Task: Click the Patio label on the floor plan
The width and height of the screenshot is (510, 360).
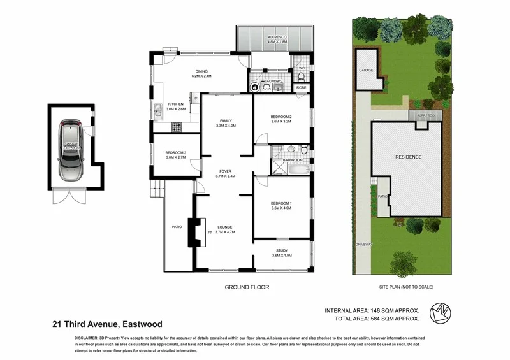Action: click(177, 226)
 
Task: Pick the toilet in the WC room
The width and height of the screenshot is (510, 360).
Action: click(301, 76)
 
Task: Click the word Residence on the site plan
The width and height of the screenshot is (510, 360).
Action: click(408, 157)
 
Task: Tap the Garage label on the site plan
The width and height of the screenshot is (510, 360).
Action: click(366, 70)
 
